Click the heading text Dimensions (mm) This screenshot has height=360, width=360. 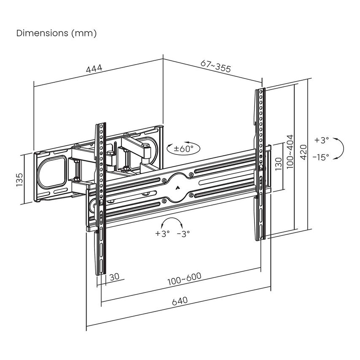(x=57, y=33)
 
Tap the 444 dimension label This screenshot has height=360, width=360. (x=95, y=69)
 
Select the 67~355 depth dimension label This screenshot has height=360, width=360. (x=215, y=66)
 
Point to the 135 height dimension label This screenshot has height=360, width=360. (x=18, y=179)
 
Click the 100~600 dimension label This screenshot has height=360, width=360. (x=184, y=277)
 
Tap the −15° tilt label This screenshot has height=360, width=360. (x=321, y=157)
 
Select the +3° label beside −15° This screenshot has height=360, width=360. (x=322, y=139)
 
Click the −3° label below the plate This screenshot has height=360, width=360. (x=184, y=233)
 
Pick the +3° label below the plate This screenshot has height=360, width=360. (x=162, y=233)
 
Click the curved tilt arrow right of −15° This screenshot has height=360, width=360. (x=341, y=148)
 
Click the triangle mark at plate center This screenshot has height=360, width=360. (x=178, y=184)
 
